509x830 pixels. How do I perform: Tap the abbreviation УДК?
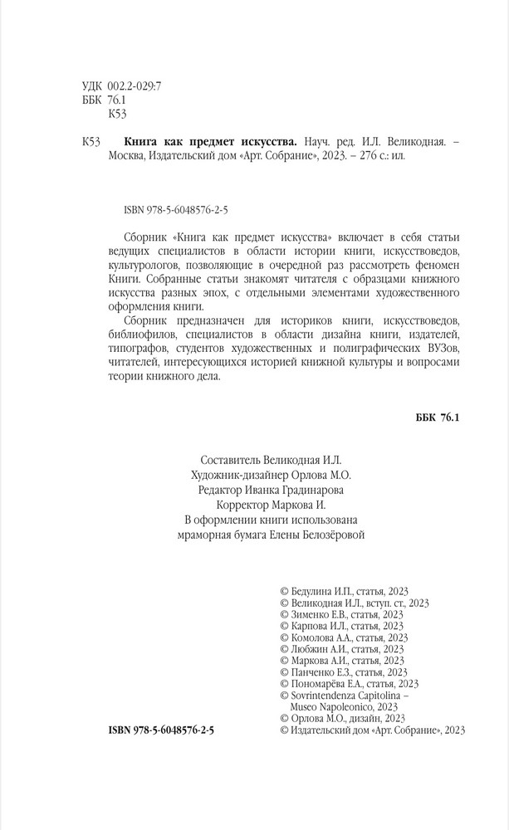point(95,85)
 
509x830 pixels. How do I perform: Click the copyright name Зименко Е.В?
point(318,614)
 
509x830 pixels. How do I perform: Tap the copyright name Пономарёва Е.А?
point(325,684)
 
